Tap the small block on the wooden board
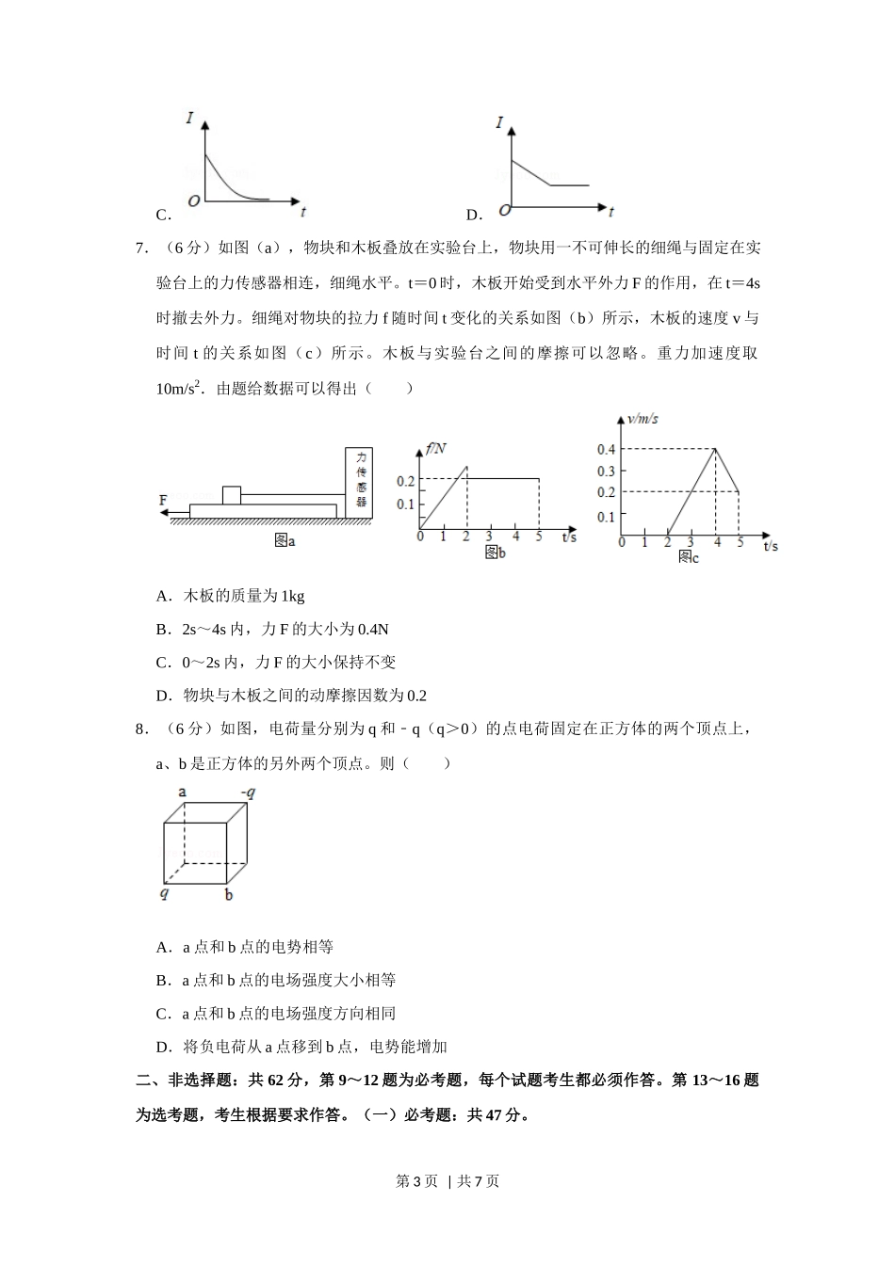point(232,495)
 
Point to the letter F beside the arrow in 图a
point(163,500)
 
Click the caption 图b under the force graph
point(495,553)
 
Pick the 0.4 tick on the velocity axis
point(606,449)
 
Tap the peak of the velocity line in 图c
point(716,449)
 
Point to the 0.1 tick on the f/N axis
point(405,504)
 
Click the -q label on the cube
point(248,793)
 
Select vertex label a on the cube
point(182,792)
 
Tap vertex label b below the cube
point(229,895)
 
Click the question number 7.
point(141,248)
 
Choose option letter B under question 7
point(162,629)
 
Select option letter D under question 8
point(162,1047)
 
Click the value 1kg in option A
point(293,596)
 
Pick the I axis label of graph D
point(499,122)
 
